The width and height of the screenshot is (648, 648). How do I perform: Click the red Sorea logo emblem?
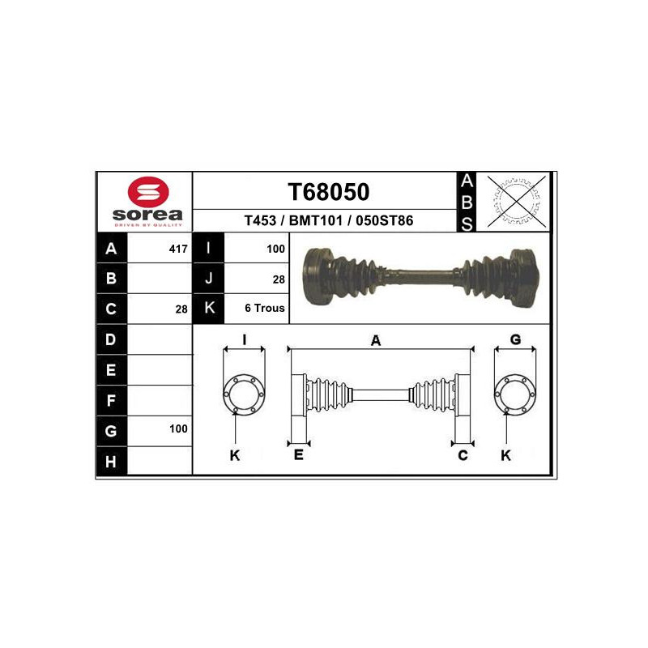[x=148, y=192]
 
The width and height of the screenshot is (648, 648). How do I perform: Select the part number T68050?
[x=329, y=192]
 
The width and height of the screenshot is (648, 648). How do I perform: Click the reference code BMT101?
[x=316, y=220]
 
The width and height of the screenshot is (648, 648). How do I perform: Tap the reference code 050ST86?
[x=384, y=220]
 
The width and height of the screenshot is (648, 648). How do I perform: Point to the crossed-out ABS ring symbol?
[x=517, y=201]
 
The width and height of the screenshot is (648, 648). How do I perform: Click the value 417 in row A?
[x=178, y=249]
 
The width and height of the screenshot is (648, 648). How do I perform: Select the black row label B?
[x=112, y=279]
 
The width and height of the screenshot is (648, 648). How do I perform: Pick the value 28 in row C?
[x=181, y=309]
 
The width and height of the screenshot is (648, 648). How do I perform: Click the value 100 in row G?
[x=178, y=428]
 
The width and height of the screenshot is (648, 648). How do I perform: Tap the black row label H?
[x=112, y=461]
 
